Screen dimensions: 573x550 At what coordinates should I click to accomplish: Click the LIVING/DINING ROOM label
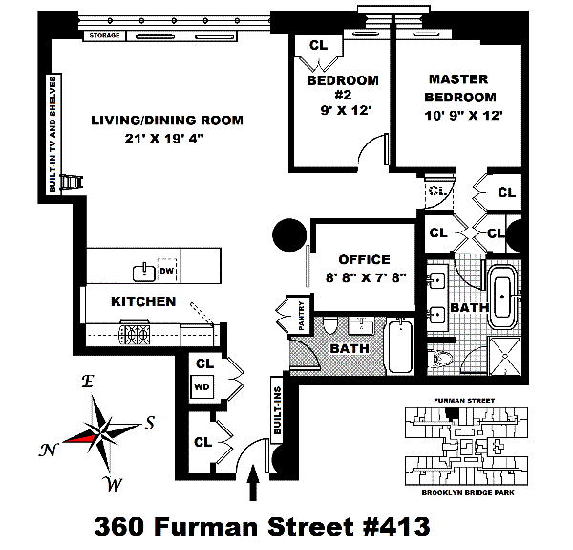tap(167, 121)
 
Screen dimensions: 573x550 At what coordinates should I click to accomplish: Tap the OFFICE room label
tap(364, 259)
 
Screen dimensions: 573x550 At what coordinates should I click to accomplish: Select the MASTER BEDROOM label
tap(462, 87)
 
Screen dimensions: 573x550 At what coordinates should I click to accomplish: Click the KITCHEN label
tap(143, 301)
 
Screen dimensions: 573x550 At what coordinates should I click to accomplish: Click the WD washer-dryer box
tap(202, 387)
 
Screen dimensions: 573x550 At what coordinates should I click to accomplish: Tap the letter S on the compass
tap(150, 422)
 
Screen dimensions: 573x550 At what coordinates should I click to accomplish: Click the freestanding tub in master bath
tap(502, 296)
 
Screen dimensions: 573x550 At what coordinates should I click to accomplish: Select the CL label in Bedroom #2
tap(318, 45)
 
